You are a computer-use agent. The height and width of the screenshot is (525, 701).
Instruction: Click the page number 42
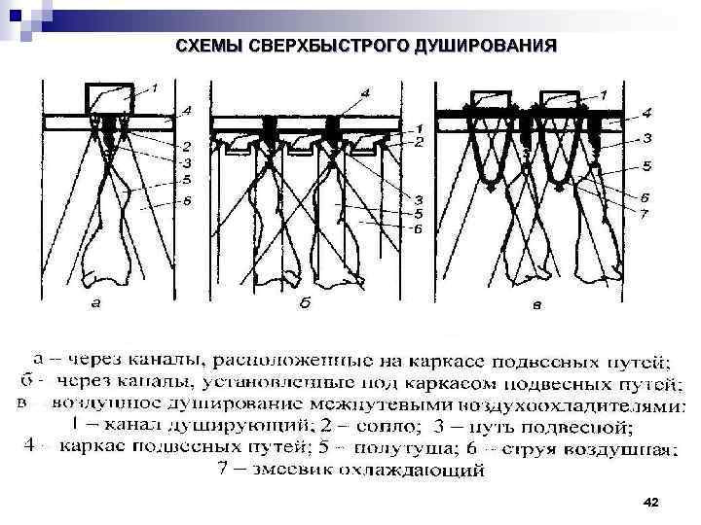coord(651,502)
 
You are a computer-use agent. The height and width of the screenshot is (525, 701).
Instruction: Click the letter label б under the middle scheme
coord(305,303)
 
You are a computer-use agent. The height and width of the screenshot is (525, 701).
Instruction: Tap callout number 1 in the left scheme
coord(152,89)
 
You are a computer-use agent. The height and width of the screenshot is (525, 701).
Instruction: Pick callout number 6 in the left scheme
coord(186,199)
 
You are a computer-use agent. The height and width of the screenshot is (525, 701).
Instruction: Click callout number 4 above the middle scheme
coord(364,92)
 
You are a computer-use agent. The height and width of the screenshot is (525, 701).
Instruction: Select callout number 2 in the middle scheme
coord(419,143)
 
